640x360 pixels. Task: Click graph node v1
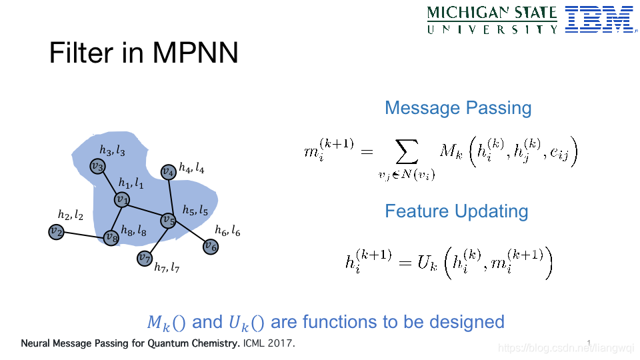click(121, 199)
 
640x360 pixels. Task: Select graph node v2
click(56, 232)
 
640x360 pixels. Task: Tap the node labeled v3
click(97, 166)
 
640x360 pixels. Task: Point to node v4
click(168, 171)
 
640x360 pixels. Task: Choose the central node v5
click(168, 219)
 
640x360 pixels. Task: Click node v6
click(211, 247)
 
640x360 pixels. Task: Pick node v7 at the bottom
click(144, 258)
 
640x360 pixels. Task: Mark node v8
click(111, 237)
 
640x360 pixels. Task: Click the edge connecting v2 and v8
click(83, 234)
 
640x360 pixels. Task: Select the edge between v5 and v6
click(189, 233)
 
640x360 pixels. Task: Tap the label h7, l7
click(167, 268)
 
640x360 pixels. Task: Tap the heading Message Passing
click(458, 108)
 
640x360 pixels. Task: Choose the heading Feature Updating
click(457, 211)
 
